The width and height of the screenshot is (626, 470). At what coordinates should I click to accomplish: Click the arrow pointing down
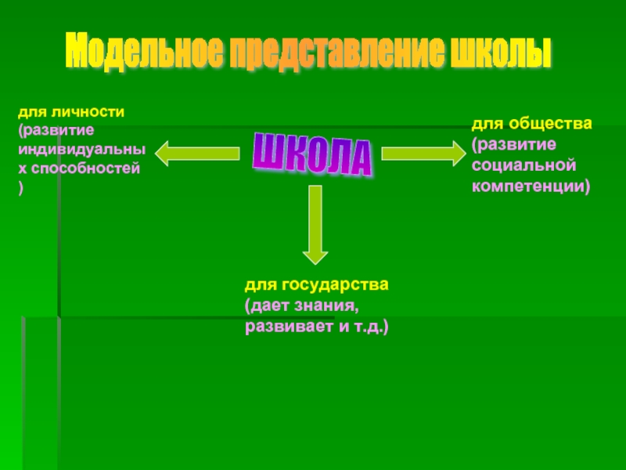pos(315,223)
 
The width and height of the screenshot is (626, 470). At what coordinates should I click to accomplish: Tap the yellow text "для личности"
pos(71,112)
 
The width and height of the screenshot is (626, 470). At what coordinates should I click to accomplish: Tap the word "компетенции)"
pos(530,186)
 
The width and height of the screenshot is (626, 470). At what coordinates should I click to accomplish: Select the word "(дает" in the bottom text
pos(264,305)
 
